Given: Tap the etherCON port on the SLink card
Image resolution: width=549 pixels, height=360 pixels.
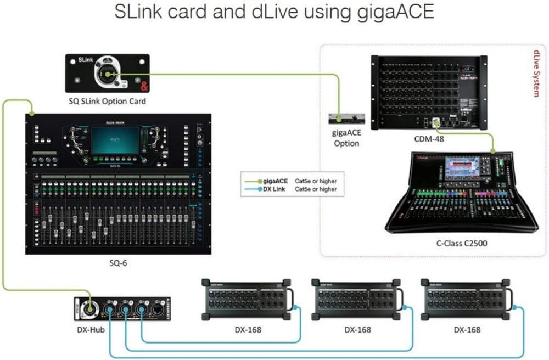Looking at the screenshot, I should click(107, 75).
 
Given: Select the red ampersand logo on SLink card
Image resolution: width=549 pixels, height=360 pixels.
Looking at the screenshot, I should click(144, 85).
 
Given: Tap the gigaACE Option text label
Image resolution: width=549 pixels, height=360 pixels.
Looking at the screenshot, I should click(346, 138).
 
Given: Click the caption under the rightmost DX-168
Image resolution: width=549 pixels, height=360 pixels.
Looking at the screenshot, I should click(467, 330).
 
